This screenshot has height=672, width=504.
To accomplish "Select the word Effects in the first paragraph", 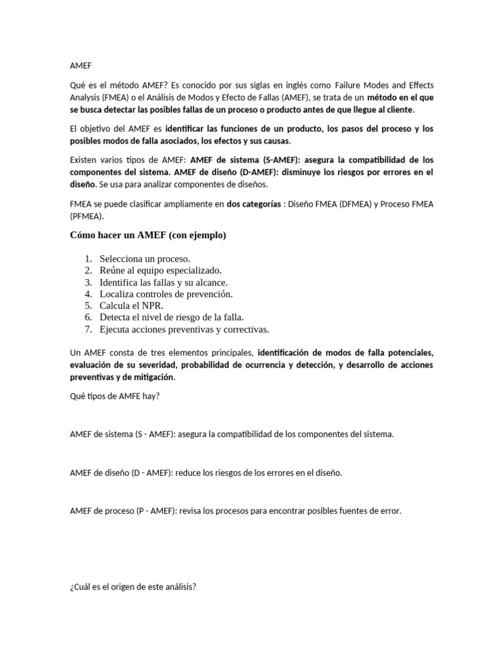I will [x=419, y=86].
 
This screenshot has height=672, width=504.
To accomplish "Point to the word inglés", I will [x=303, y=86].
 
